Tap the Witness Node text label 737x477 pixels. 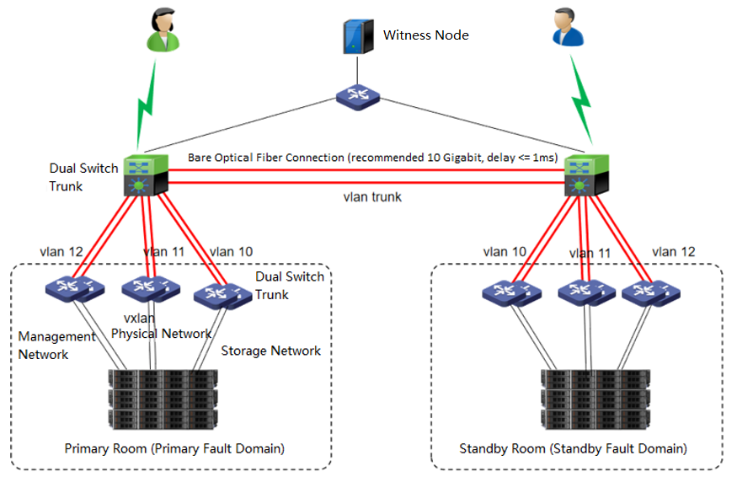pos(426,35)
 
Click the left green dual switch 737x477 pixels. pos(147,175)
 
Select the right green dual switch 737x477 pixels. pos(586,175)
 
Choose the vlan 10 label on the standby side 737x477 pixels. pos(506,251)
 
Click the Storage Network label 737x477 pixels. pos(270,351)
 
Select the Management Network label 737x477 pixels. pos(56,346)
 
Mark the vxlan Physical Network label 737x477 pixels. pos(160,327)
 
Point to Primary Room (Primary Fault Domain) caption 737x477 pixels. pos(174,449)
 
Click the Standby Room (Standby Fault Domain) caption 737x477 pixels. pos(573,449)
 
